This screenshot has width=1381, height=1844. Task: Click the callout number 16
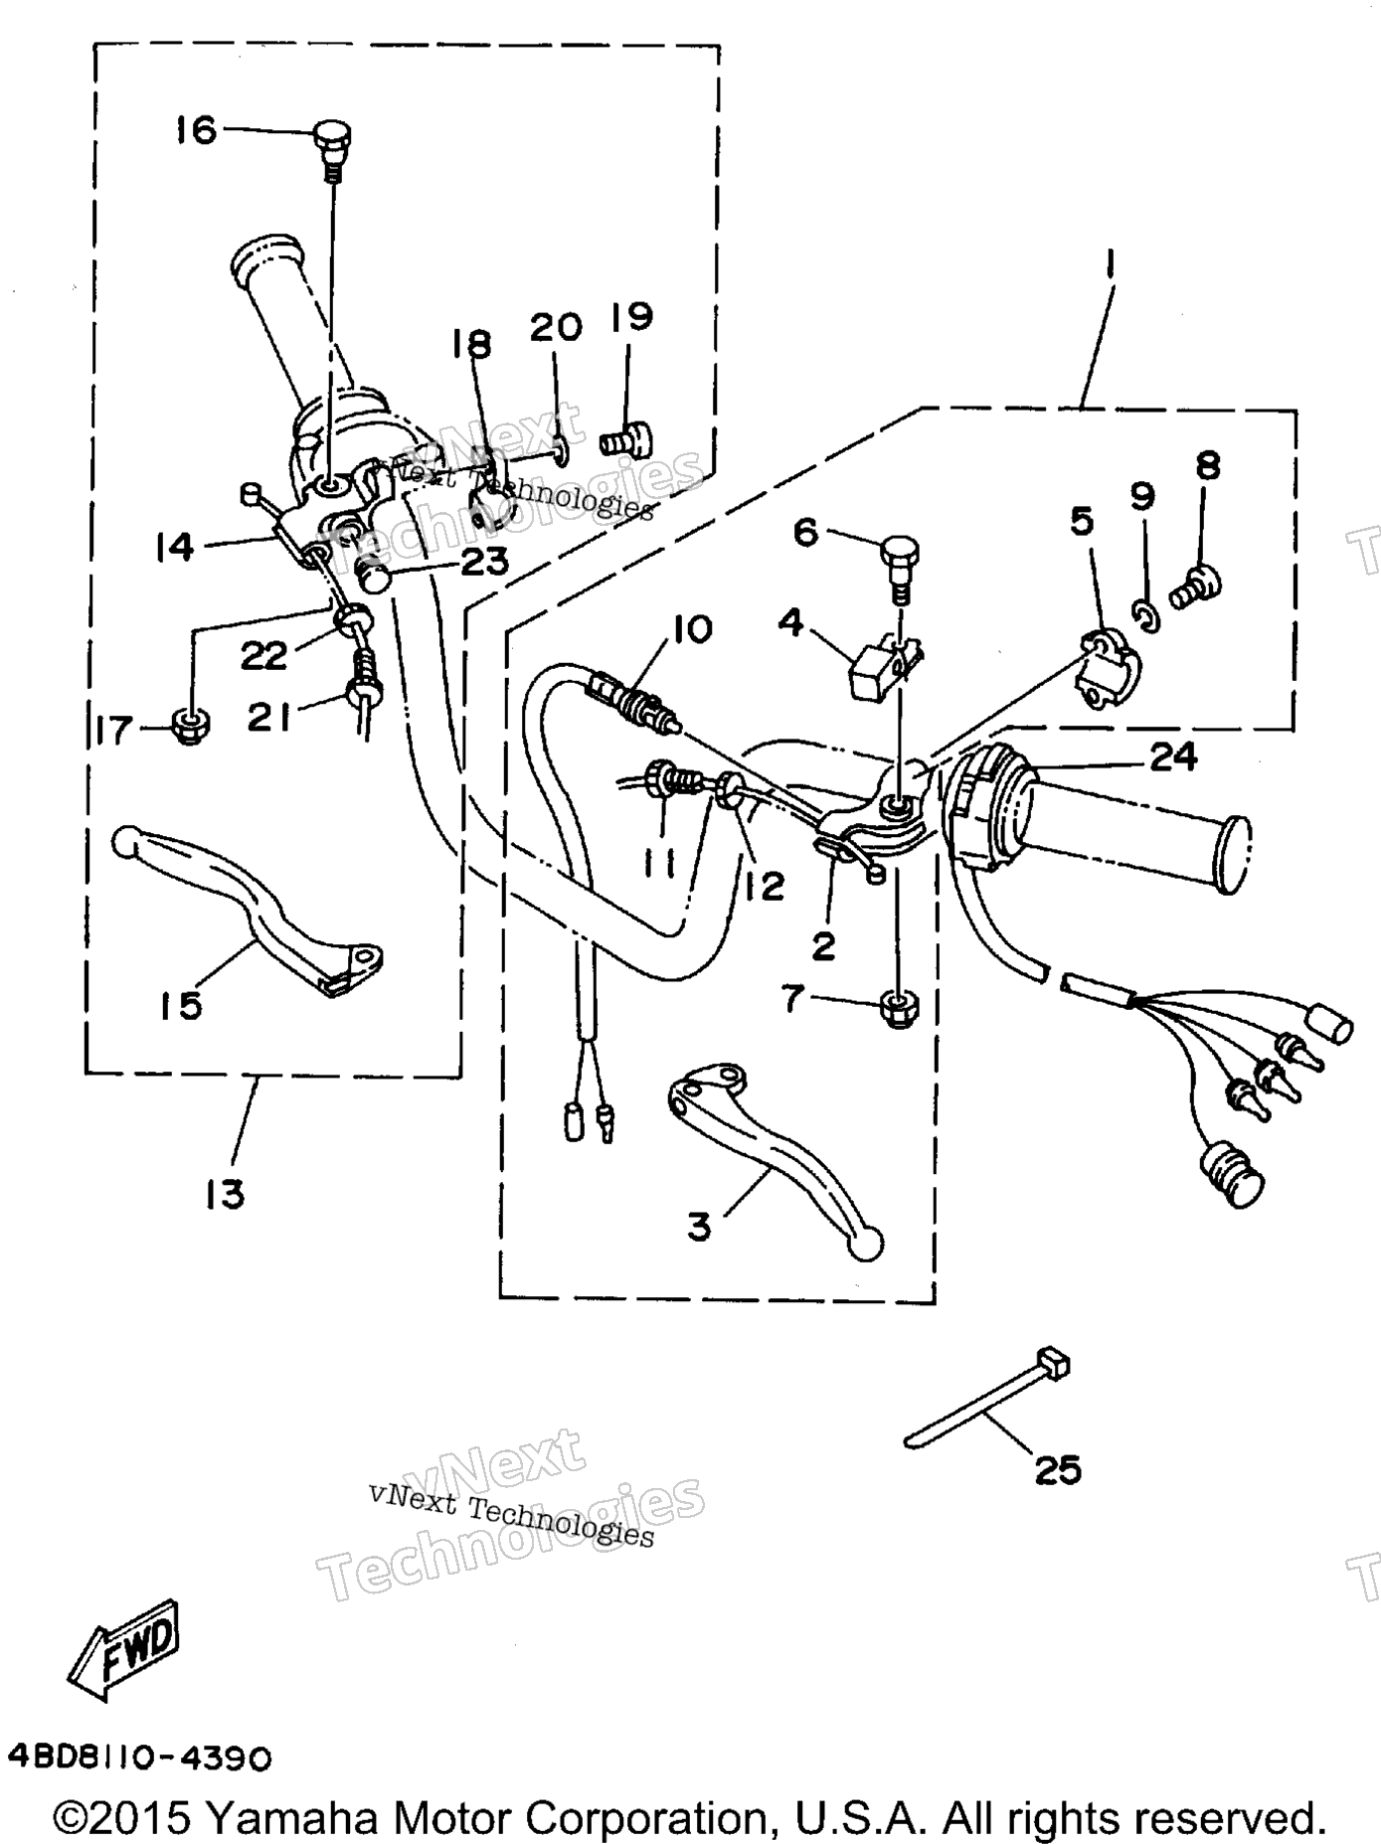(196, 129)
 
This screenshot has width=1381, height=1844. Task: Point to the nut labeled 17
(189, 731)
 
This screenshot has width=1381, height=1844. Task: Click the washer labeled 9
(1144, 615)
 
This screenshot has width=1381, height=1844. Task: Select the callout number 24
(1173, 757)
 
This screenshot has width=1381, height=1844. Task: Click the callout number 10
(692, 628)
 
